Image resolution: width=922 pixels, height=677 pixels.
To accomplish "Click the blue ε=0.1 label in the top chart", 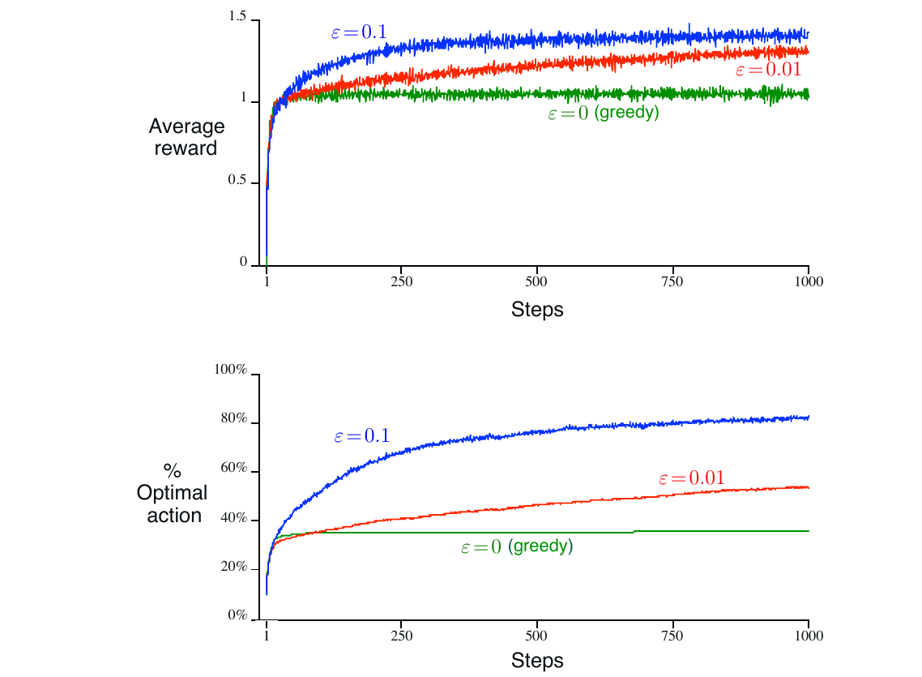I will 358,33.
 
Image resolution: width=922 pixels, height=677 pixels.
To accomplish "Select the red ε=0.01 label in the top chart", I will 773,70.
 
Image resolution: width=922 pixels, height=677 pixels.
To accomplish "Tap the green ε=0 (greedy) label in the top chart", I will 604,114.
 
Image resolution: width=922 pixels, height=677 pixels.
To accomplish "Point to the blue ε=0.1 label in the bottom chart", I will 361,436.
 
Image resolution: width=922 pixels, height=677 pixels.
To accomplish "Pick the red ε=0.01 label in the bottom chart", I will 691,478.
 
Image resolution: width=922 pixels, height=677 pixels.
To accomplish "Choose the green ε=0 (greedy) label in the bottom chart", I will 517,547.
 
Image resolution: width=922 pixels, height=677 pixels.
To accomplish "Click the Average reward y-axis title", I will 186,138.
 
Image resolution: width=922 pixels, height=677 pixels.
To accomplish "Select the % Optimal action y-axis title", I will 172,493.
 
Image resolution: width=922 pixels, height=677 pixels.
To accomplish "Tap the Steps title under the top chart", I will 537,310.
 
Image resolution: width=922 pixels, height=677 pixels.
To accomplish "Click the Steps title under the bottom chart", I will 537,661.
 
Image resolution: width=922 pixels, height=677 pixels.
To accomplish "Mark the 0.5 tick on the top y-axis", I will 237,181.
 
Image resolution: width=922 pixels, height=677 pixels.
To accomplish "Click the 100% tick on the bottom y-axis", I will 230,371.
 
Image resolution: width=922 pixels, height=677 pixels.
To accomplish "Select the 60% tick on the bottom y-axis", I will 233,470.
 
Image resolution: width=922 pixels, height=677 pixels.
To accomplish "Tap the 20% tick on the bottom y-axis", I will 233,567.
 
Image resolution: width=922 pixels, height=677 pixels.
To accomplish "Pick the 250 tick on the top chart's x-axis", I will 402,282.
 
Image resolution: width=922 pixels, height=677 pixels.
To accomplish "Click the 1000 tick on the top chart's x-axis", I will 809,282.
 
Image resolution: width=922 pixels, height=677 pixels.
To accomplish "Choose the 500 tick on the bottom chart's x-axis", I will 537,635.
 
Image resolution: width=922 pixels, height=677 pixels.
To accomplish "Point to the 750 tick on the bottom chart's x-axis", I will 673,635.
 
